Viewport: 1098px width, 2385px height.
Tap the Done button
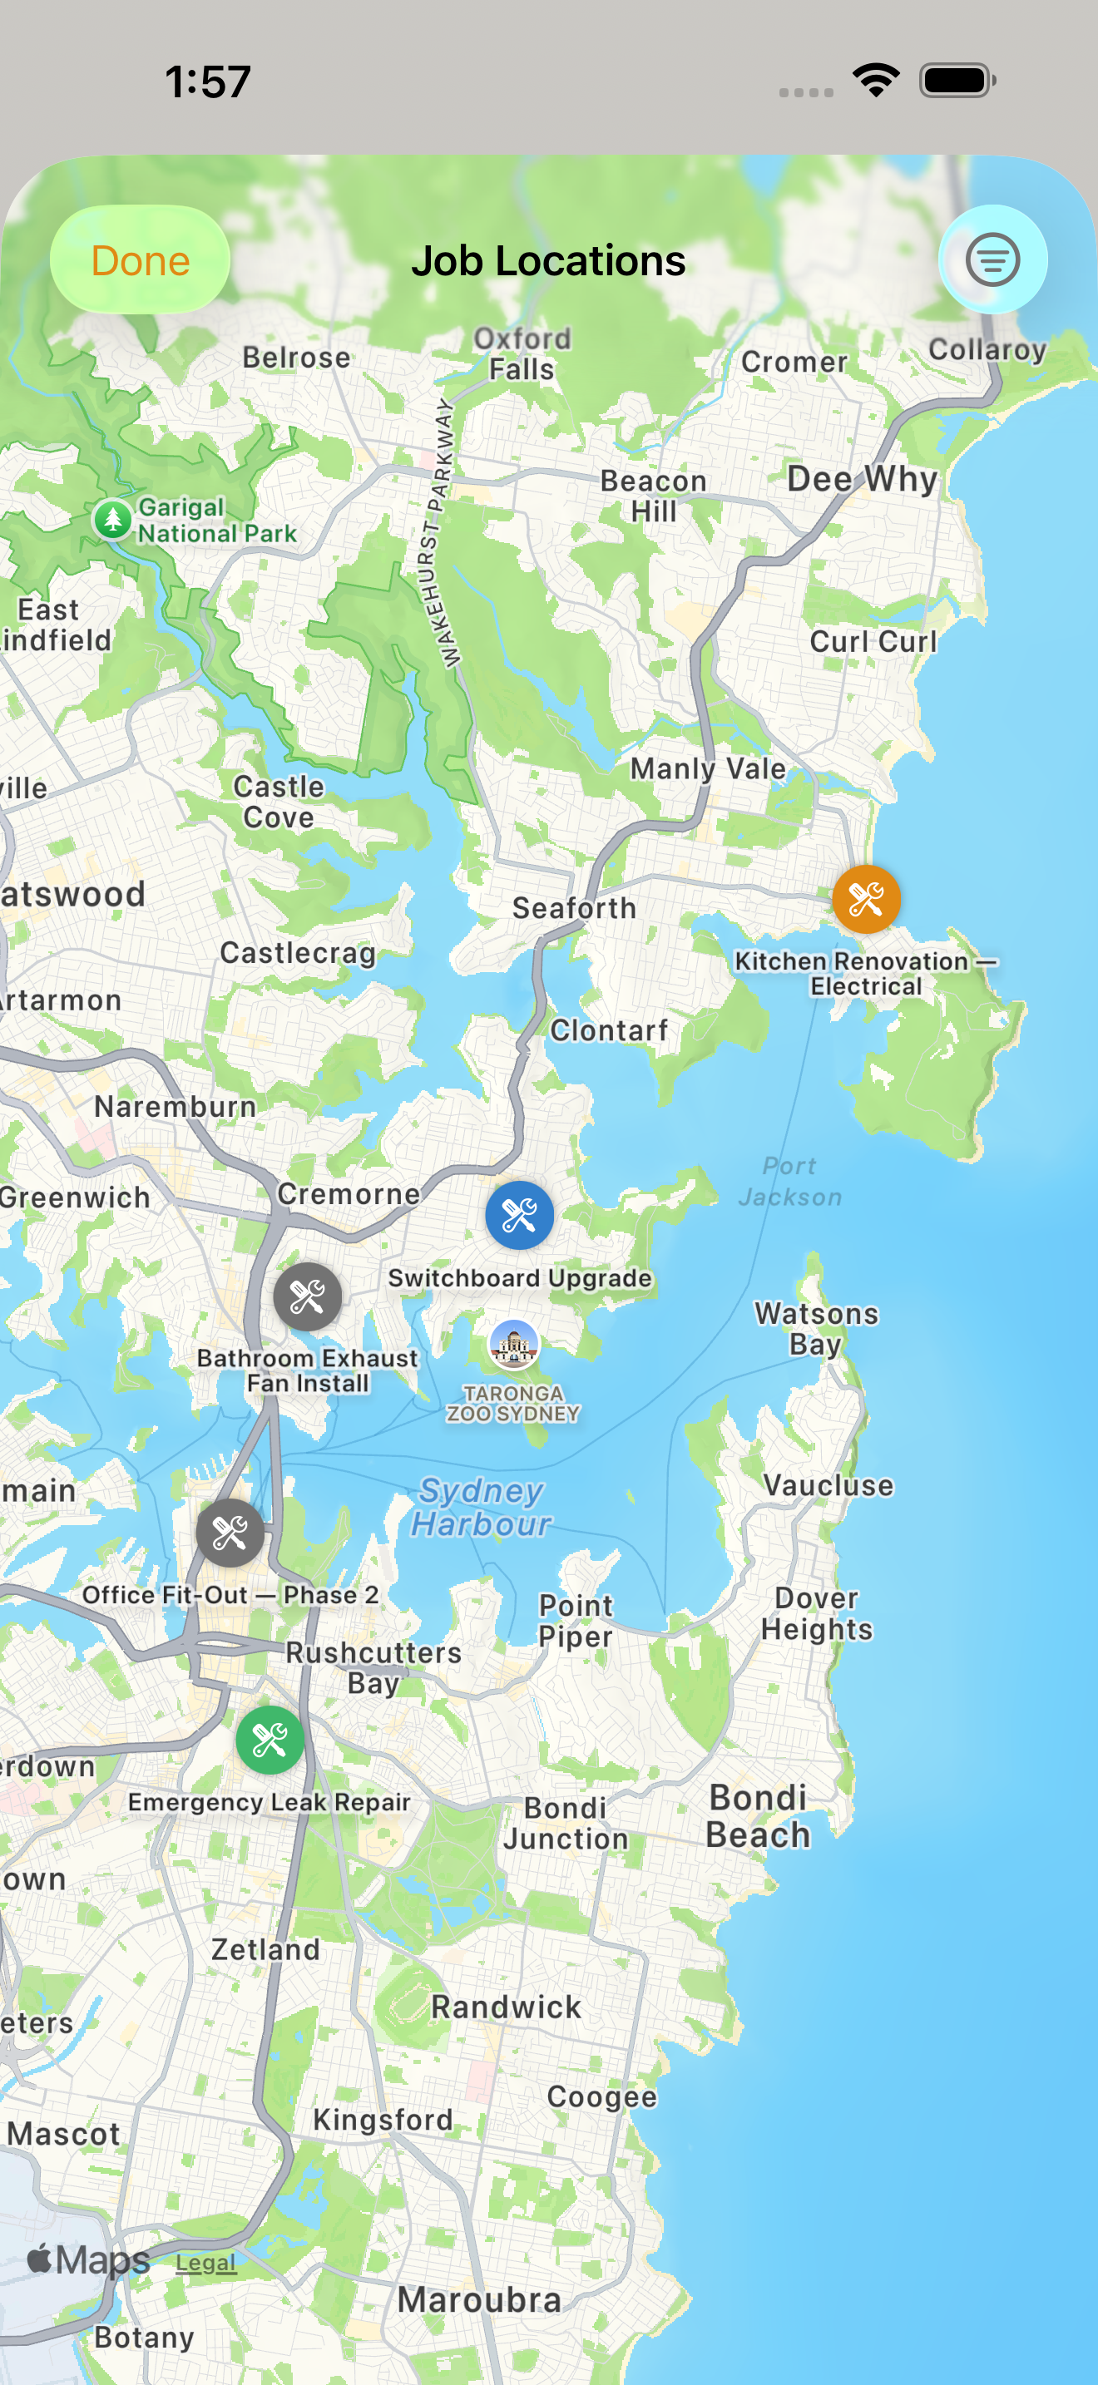pos(140,260)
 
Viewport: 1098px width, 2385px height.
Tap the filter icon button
pos(992,260)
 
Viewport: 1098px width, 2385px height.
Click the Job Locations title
pos(548,261)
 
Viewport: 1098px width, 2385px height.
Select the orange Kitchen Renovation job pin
pos(866,899)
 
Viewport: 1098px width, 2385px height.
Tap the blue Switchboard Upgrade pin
pos(519,1216)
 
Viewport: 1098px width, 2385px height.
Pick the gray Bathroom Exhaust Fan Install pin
pos(308,1297)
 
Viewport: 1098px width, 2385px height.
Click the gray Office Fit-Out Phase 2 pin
pos(230,1533)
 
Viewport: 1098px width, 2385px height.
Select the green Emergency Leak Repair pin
pos(270,1741)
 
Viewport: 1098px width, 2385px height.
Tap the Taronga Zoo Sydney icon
pos(514,1345)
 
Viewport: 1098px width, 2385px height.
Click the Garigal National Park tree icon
pos(113,520)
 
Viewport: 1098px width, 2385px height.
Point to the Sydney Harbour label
pos(482,1506)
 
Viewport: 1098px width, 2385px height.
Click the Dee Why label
pos(862,479)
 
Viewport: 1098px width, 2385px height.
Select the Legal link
pos(205,2263)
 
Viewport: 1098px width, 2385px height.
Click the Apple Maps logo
pos(89,2260)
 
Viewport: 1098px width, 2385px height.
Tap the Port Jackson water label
pos(789,1182)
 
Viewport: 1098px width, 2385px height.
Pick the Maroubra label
pos(478,2300)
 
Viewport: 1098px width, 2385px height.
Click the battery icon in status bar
pos(957,81)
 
